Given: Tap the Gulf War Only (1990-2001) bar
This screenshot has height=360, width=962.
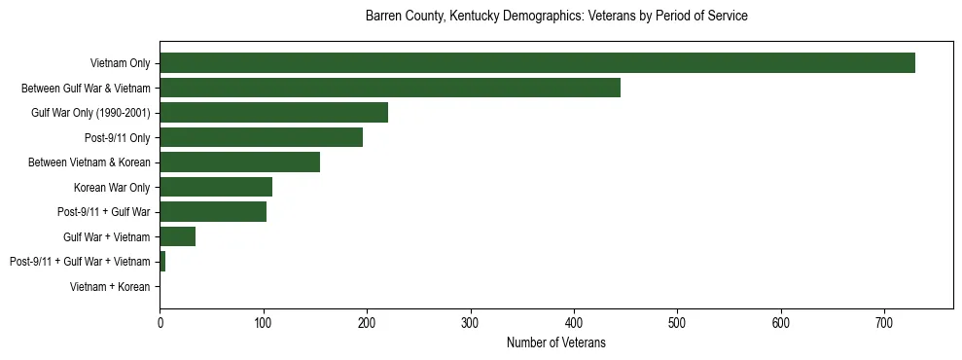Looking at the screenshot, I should point(274,113).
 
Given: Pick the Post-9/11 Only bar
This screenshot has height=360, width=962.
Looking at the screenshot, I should point(262,137).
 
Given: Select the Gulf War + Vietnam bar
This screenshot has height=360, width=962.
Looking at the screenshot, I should point(178,236).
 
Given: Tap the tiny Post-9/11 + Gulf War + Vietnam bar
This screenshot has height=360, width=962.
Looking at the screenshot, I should point(162,261).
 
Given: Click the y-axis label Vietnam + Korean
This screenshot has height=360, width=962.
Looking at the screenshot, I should point(110,287).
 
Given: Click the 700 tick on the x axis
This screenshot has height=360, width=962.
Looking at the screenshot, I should point(884,321).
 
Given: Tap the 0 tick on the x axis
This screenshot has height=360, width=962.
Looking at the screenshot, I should point(160,321).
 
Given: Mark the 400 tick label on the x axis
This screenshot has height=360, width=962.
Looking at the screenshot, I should point(574,321).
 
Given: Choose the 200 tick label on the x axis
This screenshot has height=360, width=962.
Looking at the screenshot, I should point(367,321).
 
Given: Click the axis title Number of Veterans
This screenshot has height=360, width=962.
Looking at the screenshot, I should point(555,342).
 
